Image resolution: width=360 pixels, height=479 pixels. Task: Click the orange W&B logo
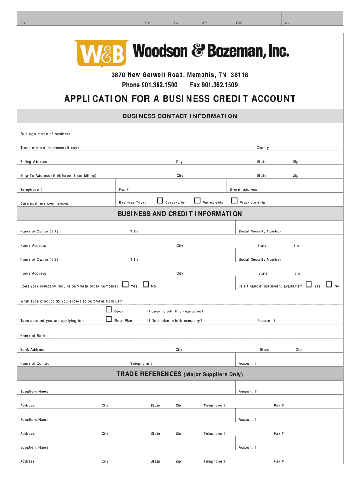(101, 54)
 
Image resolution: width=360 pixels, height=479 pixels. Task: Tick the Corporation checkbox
(160, 201)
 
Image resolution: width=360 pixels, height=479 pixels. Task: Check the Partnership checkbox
(197, 201)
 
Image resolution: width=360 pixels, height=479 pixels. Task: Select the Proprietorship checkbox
(235, 201)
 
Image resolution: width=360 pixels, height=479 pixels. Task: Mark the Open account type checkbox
(108, 310)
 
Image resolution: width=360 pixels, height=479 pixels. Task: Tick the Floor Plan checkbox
(108, 319)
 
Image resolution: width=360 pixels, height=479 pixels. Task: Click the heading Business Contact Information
(180, 116)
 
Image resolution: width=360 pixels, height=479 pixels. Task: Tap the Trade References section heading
(180, 374)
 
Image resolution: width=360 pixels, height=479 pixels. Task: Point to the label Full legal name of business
(45, 134)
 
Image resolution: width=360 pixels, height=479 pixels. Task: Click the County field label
(263, 148)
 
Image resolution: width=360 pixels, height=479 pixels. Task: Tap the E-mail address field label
(244, 190)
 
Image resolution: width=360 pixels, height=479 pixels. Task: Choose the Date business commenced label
(44, 203)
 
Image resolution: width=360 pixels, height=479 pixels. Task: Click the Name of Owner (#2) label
(39, 259)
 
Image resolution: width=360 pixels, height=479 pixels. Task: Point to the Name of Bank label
(33, 336)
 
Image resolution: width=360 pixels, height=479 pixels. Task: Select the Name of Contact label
(35, 363)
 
